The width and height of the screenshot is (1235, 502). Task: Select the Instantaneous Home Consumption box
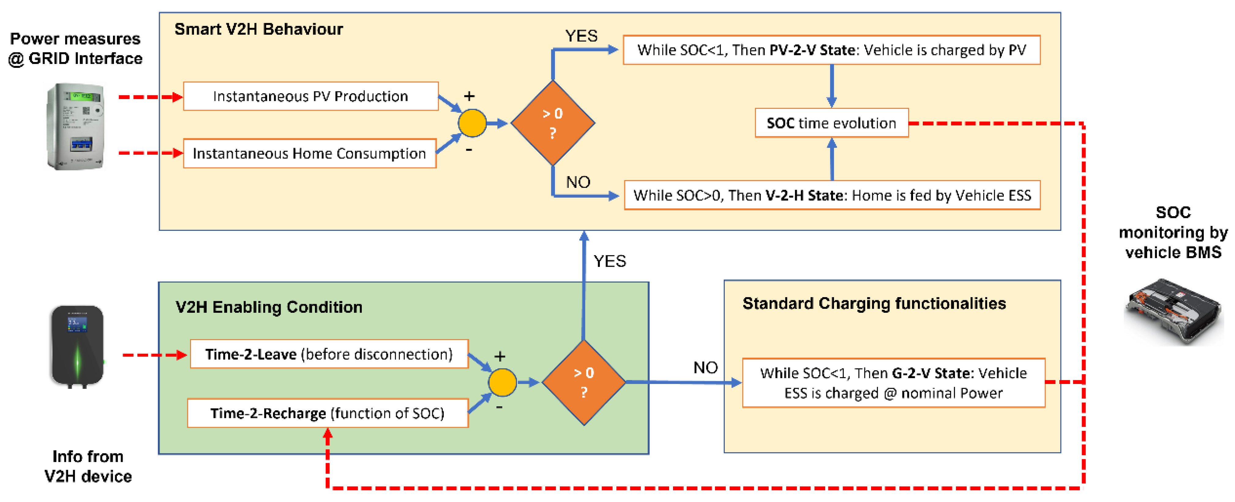pyautogui.click(x=309, y=153)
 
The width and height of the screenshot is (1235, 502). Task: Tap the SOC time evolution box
pyautogui.click(x=831, y=123)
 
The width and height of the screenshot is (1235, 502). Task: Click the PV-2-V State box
pyautogui.click(x=831, y=50)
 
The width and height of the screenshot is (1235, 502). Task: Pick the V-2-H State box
pyautogui.click(x=832, y=195)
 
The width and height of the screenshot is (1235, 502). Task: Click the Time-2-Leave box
pyautogui.click(x=329, y=354)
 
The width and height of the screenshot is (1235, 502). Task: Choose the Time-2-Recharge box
pyautogui.click(x=327, y=413)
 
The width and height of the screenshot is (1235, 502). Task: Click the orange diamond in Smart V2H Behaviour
pyautogui.click(x=553, y=123)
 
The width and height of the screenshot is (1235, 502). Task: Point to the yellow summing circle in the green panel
pyautogui.click(x=502, y=382)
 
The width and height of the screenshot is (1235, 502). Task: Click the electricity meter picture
pyautogui.click(x=76, y=126)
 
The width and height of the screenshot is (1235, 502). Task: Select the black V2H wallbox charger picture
pyautogui.click(x=77, y=346)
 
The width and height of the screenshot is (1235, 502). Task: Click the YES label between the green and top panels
pyautogui.click(x=609, y=261)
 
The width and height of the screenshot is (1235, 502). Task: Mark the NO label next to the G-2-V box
pyautogui.click(x=705, y=367)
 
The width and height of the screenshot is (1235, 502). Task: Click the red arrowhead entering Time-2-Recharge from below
pyautogui.click(x=327, y=434)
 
